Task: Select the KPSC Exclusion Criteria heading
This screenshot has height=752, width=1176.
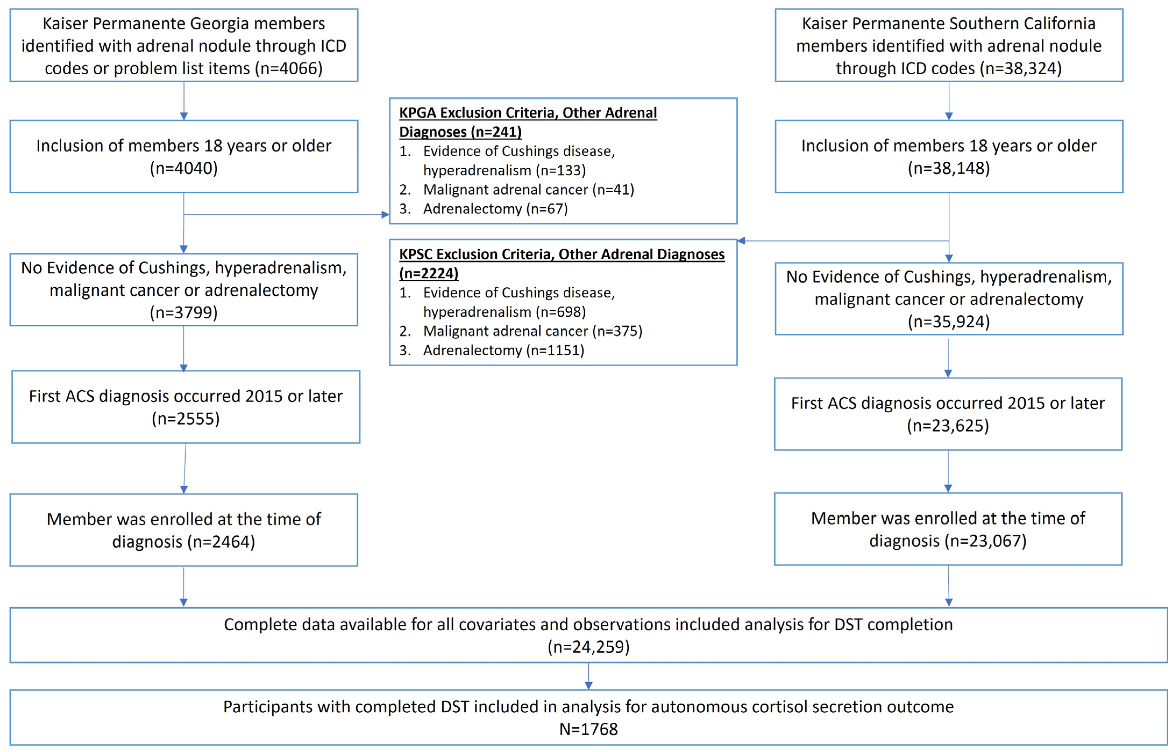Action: [x=561, y=263]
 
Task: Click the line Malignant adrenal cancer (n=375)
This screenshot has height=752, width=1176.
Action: [x=532, y=331]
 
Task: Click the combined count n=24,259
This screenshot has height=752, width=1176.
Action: [x=588, y=647]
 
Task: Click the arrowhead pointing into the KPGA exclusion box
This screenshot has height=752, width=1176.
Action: [x=385, y=214]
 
